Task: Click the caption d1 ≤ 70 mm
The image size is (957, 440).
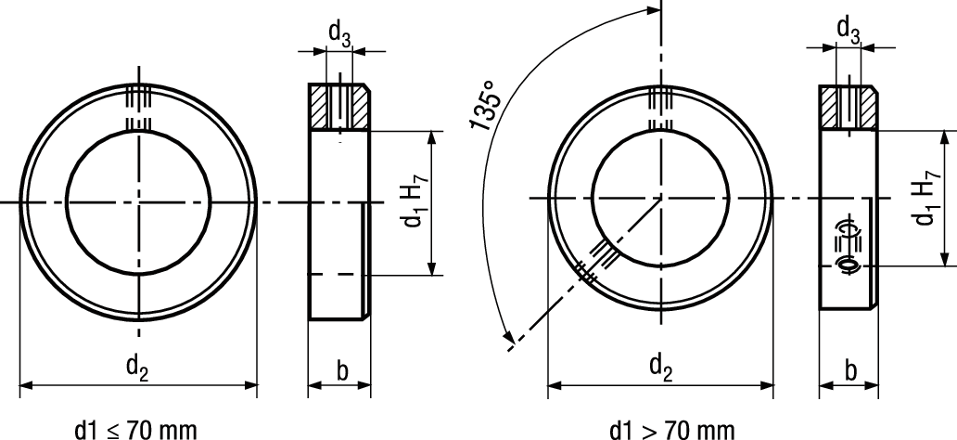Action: [136, 429]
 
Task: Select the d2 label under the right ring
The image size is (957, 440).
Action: [660, 369]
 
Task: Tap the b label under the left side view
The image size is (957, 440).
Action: [341, 371]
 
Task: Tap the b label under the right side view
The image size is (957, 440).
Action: [850, 371]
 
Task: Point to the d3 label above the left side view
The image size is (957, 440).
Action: [339, 33]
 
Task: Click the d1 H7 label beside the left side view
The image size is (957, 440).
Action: [415, 203]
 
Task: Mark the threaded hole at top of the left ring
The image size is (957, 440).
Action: [138, 110]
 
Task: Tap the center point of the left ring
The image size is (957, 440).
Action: [138, 202]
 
